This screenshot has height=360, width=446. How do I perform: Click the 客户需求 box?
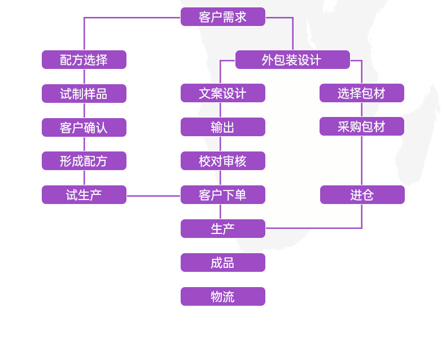[222, 17]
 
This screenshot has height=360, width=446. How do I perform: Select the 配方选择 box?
[84, 60]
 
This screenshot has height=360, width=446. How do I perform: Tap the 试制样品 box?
[84, 94]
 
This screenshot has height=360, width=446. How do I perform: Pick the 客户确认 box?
[84, 128]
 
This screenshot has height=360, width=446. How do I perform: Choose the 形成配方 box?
[84, 161]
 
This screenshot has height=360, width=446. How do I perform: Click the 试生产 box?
[84, 195]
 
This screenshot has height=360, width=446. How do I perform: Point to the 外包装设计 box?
[292, 60]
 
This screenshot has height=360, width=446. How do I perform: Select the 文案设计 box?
[222, 93]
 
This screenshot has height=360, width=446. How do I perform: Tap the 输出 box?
[222, 127]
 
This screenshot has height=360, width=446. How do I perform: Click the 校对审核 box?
[222, 161]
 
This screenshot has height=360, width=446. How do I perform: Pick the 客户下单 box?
[222, 195]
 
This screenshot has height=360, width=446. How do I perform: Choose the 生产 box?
[222, 229]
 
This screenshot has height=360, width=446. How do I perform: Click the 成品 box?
[222, 263]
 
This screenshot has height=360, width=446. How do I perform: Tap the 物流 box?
[222, 297]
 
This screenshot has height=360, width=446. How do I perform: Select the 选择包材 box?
[361, 93]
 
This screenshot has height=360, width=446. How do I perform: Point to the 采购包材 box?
[361, 127]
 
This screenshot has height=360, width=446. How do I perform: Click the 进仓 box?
[362, 195]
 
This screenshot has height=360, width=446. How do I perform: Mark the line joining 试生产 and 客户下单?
[153, 196]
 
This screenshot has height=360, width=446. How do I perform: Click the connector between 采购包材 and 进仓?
[362, 161]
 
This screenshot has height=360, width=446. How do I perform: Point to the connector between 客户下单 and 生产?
[220, 211]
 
